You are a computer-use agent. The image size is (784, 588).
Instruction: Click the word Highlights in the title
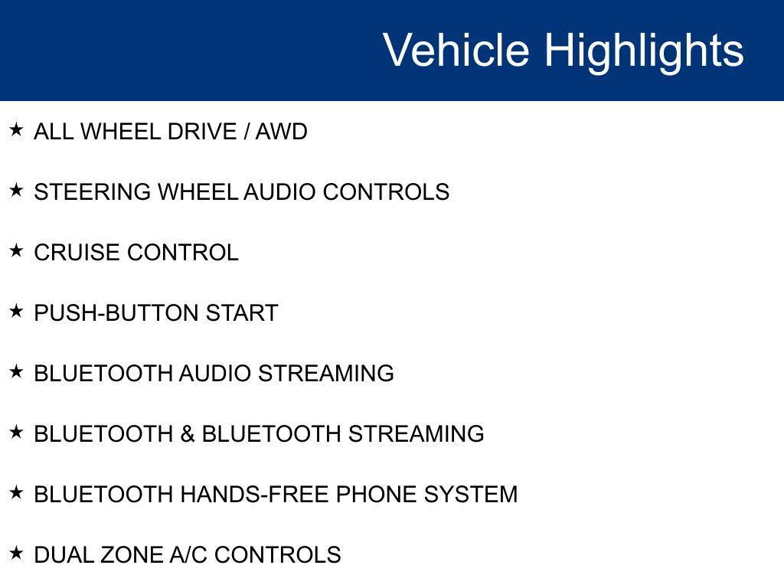(644, 51)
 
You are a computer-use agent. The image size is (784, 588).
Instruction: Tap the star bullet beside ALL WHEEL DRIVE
(16, 130)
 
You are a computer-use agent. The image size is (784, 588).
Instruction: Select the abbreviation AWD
(281, 132)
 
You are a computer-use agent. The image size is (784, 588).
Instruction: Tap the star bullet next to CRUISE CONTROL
(16, 250)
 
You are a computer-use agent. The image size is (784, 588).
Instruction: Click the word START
(242, 313)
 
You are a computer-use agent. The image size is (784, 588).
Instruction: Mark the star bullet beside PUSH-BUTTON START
(16, 311)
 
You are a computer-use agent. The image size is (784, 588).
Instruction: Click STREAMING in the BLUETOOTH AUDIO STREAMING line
(325, 374)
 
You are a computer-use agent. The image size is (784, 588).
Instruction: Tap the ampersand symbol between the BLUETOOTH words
(188, 434)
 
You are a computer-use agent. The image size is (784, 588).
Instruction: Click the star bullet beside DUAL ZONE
(16, 553)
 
